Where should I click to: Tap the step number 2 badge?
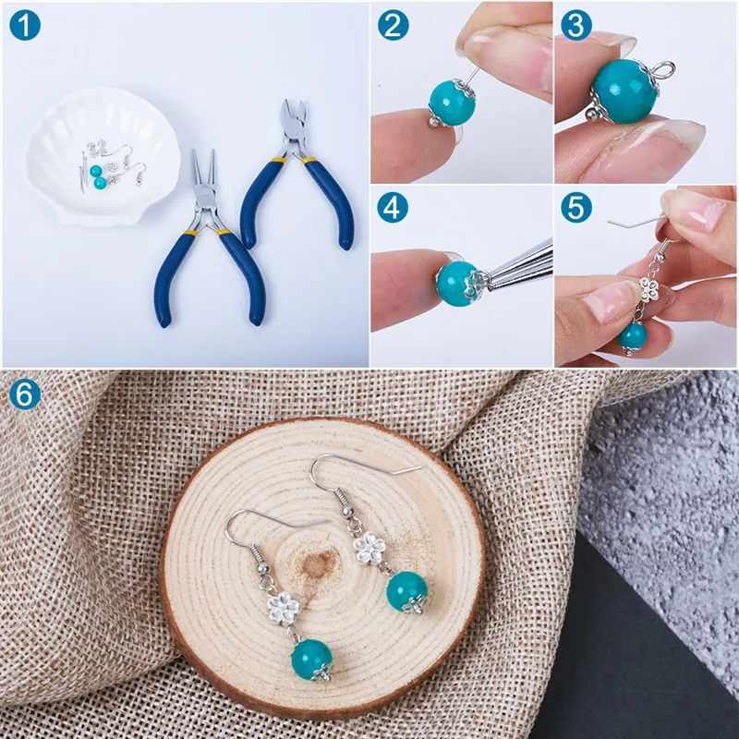(394, 25)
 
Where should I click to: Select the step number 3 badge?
(576, 25)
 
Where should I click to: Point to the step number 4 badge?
(394, 208)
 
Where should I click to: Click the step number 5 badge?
(576, 208)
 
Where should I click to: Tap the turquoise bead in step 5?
(633, 333)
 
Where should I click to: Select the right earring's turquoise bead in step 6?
(406, 590)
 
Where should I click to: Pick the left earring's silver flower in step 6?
(280, 606)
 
